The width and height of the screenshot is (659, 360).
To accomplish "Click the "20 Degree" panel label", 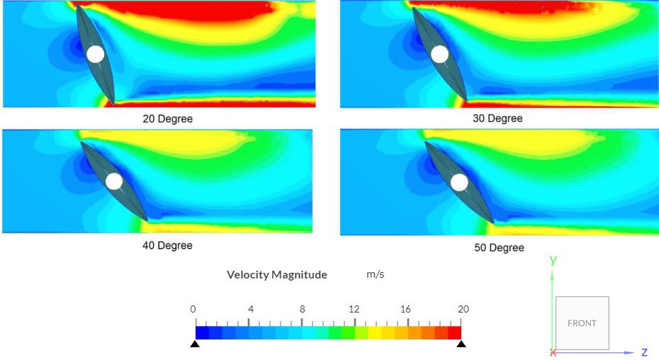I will [167, 118].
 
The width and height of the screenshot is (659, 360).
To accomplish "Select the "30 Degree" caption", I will [497, 118].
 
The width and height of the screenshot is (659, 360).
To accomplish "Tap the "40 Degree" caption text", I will [167, 245].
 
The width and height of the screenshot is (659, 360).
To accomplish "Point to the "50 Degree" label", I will [499, 247].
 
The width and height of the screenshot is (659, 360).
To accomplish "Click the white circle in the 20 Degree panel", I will [95, 54].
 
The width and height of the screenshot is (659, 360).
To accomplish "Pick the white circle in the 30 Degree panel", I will [439, 54].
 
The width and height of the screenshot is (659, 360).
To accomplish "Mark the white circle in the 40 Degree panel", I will [114, 181].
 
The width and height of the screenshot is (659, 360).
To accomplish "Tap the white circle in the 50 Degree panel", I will [459, 182].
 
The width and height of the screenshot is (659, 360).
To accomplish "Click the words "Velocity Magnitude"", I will [277, 274].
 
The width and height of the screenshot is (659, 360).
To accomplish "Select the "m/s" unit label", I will [376, 274].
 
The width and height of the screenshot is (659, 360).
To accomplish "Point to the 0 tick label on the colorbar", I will [193, 309].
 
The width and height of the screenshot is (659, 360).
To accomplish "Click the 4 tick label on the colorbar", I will [250, 309].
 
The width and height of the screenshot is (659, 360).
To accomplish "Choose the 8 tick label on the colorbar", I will [302, 309].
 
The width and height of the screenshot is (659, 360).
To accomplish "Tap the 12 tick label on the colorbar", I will [354, 309].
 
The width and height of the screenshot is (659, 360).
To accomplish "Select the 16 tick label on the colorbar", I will [405, 309].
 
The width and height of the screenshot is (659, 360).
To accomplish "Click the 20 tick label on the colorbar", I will [463, 309].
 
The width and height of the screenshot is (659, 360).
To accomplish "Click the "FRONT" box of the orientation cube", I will [582, 323].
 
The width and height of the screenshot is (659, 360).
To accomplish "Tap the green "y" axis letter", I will [553, 260].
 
